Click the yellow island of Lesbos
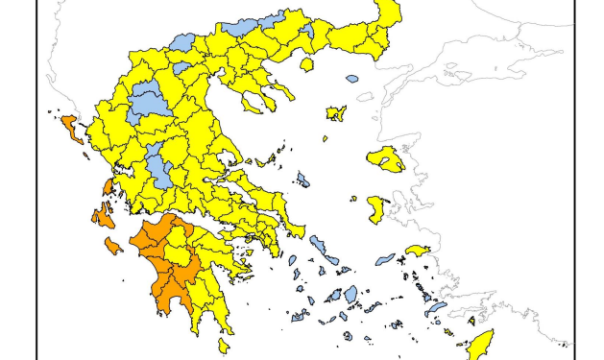tap(387, 158)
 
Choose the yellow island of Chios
tap(377, 209)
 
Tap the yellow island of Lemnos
tap(336, 114)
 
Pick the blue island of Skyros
tap(303, 180)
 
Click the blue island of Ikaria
tap(385, 258)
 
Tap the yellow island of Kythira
tap(224, 345)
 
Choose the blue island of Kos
tap(437, 308)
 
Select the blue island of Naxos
tap(350, 294)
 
